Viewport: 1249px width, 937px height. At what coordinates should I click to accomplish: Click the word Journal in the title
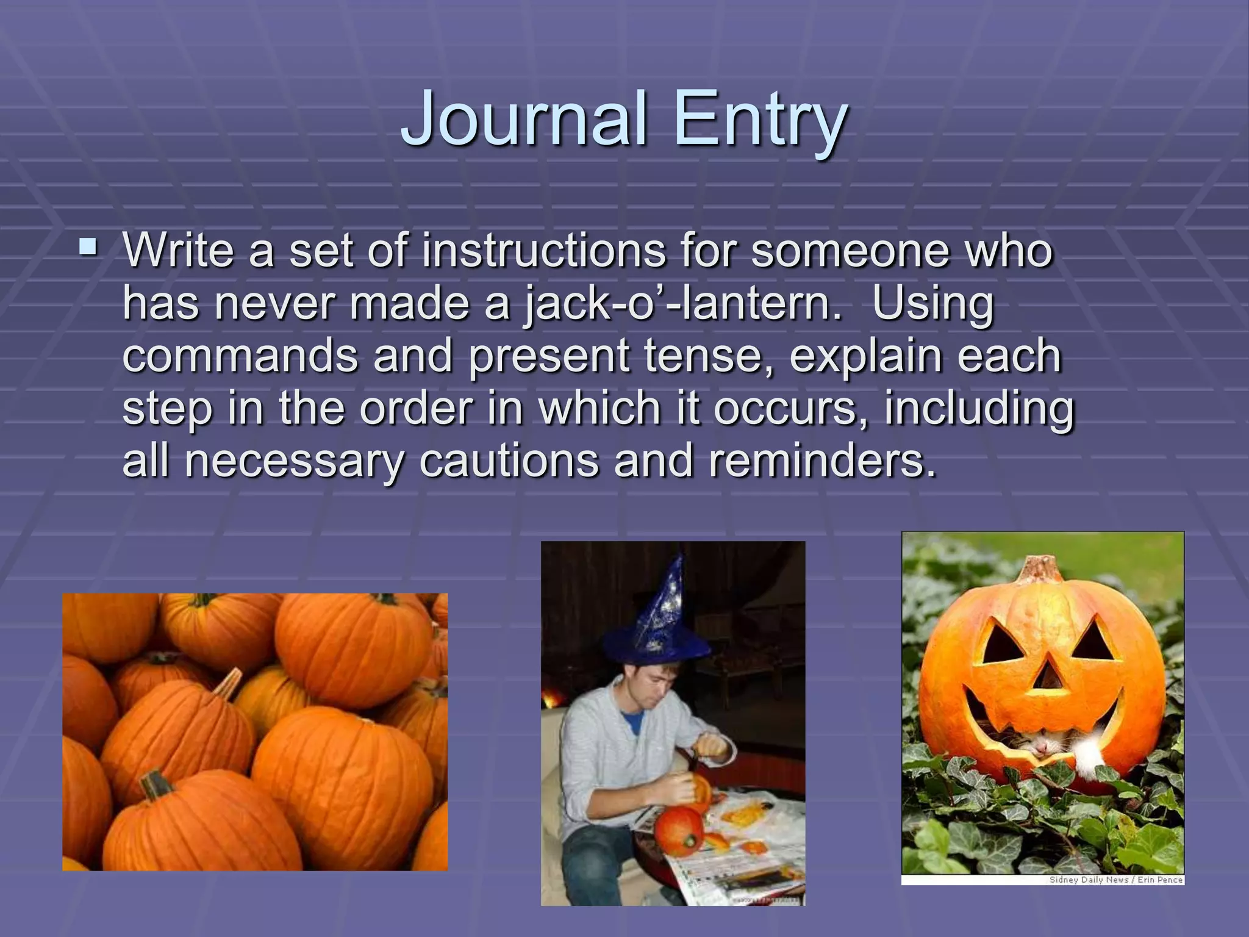click(x=524, y=118)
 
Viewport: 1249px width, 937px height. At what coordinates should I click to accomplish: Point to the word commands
click(x=240, y=357)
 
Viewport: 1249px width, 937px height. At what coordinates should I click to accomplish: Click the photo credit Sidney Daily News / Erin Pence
click(x=1115, y=880)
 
